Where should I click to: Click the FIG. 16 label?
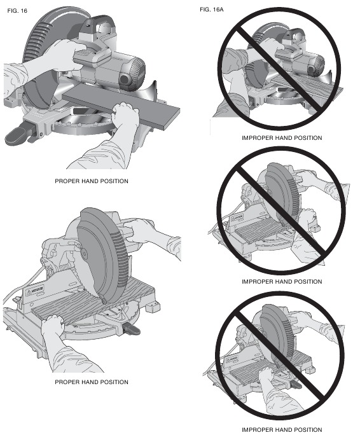click(x=17, y=11)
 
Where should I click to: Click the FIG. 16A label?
click(x=212, y=10)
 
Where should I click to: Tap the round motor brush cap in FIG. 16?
click(x=124, y=80)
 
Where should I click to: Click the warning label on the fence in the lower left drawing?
click(x=35, y=291)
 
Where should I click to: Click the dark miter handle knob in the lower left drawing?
click(x=132, y=329)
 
